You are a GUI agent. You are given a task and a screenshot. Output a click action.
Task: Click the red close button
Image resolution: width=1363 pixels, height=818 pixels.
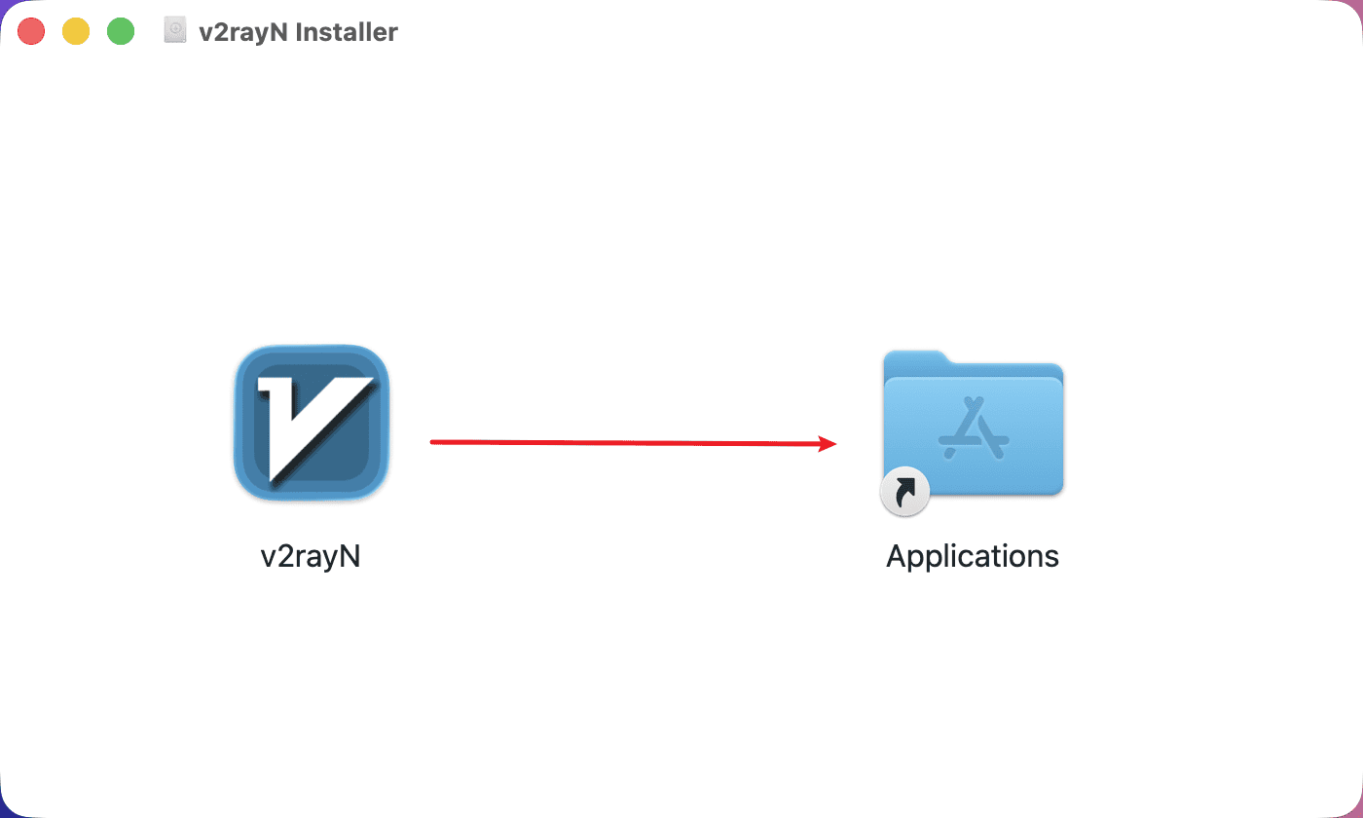31,31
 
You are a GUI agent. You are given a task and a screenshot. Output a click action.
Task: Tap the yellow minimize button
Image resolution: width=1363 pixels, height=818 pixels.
76,31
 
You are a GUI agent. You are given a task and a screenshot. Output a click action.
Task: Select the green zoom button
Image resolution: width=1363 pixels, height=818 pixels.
120,31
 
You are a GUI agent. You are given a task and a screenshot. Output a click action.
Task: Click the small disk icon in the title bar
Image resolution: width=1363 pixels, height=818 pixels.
175,31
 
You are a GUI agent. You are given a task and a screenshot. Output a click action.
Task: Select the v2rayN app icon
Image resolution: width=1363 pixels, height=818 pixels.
312,423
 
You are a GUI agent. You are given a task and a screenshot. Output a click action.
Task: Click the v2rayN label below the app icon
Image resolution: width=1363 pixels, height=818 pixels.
311,556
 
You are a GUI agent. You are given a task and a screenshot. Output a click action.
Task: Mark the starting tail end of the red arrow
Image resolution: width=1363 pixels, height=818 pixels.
432,442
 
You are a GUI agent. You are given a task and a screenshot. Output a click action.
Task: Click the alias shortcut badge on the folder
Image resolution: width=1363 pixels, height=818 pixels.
904,494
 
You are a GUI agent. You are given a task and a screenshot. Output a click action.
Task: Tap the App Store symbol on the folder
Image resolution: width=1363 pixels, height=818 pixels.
973,431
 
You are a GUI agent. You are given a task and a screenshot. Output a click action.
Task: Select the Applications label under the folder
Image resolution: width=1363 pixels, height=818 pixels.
973,556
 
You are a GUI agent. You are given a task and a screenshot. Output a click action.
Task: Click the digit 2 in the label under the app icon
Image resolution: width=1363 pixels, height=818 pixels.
284,556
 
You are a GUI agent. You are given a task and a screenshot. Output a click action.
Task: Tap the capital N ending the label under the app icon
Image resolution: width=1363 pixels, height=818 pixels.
350,556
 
